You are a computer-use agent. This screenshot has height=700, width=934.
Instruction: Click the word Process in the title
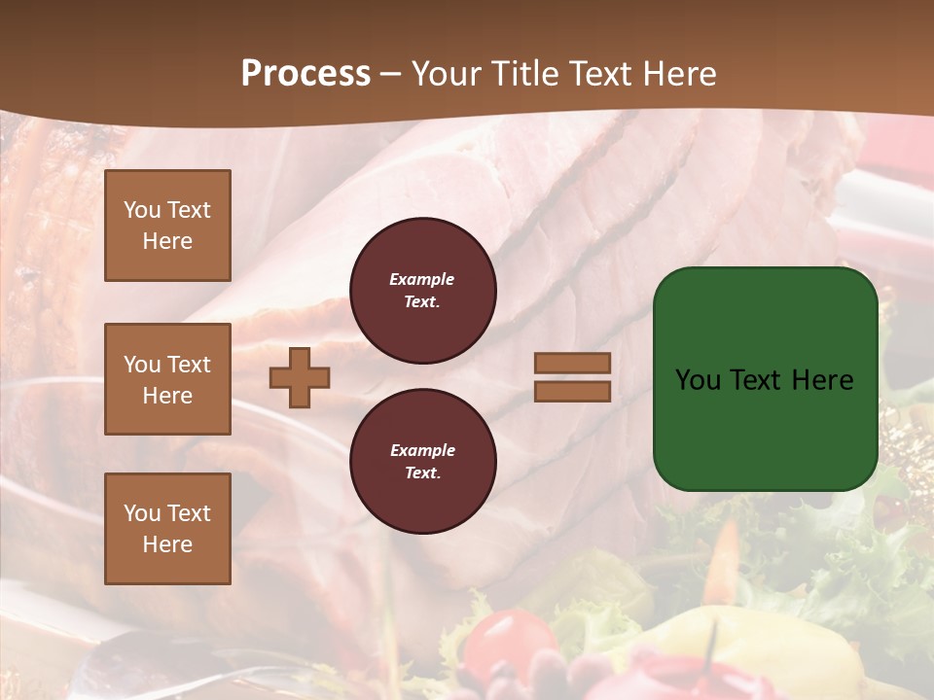click(x=305, y=74)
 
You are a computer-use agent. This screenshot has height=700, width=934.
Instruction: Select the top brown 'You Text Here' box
click(x=167, y=226)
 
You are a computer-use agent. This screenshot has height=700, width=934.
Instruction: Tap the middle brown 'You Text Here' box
click(x=167, y=379)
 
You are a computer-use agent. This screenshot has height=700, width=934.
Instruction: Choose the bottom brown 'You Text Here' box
click(x=167, y=529)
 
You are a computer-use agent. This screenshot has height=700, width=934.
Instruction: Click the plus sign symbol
click(x=300, y=377)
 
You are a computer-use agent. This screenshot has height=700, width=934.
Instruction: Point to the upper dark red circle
click(x=422, y=291)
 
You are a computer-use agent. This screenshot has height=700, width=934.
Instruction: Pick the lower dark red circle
click(x=422, y=461)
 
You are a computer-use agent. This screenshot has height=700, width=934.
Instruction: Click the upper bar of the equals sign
click(x=572, y=364)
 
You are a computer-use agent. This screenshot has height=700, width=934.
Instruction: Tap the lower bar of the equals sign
click(x=572, y=391)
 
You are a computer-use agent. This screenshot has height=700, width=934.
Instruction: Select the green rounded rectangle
click(x=765, y=379)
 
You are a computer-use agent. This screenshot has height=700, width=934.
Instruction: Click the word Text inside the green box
click(x=764, y=380)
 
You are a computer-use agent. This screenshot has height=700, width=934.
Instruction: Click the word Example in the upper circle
click(x=422, y=279)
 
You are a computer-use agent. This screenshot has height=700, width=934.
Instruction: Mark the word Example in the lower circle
click(x=422, y=450)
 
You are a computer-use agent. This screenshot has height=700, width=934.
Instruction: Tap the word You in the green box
click(x=697, y=380)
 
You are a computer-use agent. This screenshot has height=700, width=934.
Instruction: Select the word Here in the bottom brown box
click(x=167, y=544)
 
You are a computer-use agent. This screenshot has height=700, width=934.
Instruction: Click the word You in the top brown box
click(x=142, y=210)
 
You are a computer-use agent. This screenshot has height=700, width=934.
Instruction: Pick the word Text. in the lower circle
click(x=422, y=472)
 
